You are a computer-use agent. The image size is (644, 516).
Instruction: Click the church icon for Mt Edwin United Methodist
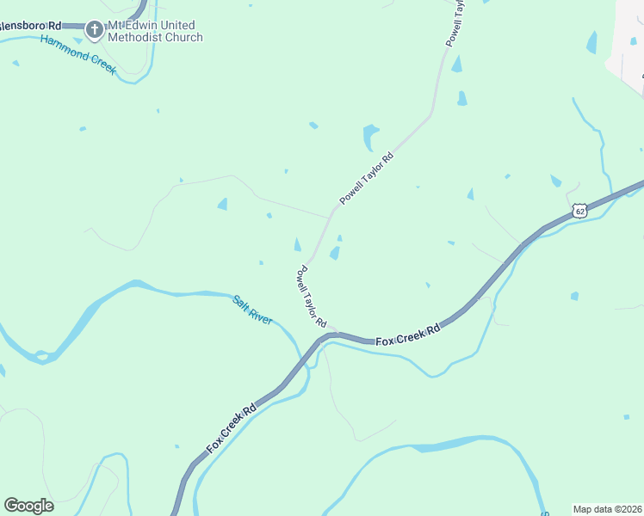(x=94, y=31)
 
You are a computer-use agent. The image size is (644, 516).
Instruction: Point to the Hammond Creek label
(x=77, y=54)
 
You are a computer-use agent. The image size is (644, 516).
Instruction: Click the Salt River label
(x=252, y=310)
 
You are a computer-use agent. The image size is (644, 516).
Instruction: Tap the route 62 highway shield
(x=579, y=210)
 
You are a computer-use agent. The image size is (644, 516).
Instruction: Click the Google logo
(x=28, y=506)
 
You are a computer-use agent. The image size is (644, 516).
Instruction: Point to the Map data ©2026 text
(x=607, y=509)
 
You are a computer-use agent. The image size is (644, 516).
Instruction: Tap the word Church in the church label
(x=183, y=38)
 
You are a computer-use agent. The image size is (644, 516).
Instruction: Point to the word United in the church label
(x=178, y=26)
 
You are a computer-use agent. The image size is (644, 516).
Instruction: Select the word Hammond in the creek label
(x=60, y=47)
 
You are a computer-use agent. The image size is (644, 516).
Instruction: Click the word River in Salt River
(x=261, y=316)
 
